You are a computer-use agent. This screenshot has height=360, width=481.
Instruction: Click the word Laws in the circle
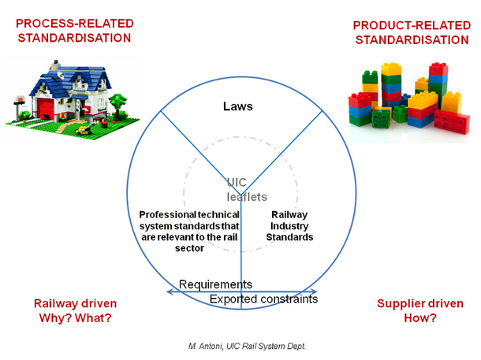coord(237,105)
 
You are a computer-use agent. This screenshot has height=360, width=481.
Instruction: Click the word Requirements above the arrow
coord(215,284)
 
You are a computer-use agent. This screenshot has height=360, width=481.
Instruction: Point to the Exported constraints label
coord(263,299)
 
